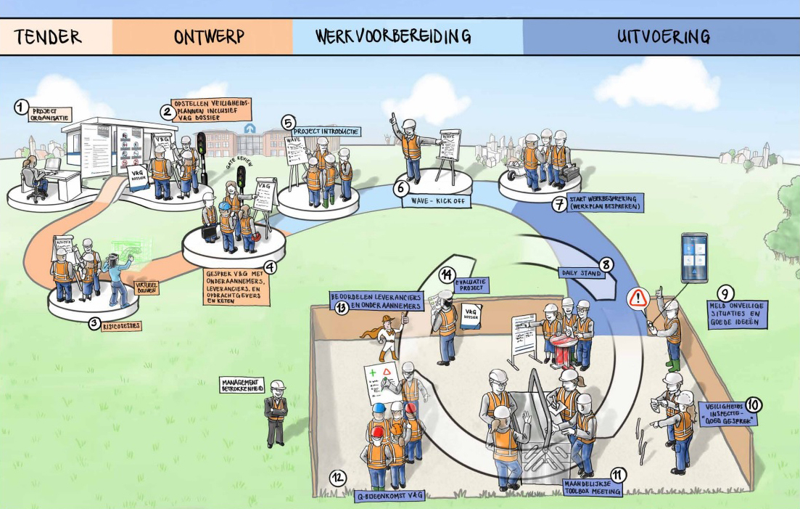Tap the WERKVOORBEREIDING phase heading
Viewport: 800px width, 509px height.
click(393, 36)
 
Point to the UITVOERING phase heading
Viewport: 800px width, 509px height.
click(663, 36)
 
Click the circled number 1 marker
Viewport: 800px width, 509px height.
click(22, 108)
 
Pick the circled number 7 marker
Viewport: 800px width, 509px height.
click(559, 204)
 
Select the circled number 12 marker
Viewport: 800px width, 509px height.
click(337, 478)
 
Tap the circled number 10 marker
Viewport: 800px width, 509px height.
click(754, 405)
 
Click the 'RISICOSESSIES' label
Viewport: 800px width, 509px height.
click(121, 326)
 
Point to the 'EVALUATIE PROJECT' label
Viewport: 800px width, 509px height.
click(472, 283)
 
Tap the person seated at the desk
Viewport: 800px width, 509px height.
click(33, 177)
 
